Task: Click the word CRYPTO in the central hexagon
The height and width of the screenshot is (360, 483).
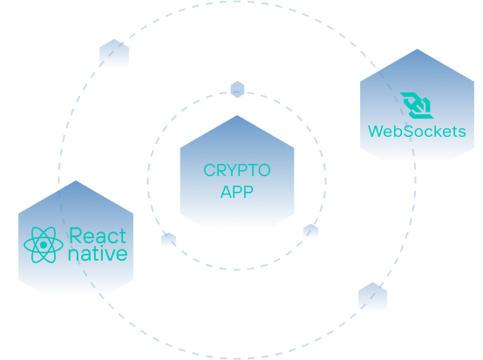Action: coord(237,170)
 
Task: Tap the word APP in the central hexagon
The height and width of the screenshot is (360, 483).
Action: coord(237,192)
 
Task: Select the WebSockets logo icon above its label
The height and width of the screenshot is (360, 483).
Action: coord(417,105)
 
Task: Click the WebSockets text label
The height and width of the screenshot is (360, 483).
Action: coord(417,132)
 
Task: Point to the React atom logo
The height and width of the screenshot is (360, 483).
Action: coord(44,245)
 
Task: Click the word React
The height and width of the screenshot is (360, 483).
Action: coord(98,236)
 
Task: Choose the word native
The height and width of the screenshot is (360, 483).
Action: coord(98,254)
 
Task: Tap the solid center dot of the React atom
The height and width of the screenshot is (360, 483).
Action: coord(44,245)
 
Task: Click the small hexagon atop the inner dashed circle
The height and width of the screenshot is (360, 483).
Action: coord(237,89)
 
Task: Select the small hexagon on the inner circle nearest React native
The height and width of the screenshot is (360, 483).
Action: coord(168,240)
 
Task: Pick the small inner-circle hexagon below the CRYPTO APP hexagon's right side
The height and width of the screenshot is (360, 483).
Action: coord(310,231)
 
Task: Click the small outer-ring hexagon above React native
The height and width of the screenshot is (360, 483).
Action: coord(114,53)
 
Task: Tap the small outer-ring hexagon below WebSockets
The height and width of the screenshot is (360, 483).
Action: coord(372,296)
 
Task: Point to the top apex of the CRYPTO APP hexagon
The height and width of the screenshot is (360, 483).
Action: coord(237,115)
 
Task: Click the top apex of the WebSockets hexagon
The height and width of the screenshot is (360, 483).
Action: coord(417,49)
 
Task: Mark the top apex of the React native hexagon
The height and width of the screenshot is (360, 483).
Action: coord(76,180)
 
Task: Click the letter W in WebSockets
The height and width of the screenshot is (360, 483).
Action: coord(377,132)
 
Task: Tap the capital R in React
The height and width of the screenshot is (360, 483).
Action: coord(75,236)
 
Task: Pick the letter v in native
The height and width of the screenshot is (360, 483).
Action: coord(109,255)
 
